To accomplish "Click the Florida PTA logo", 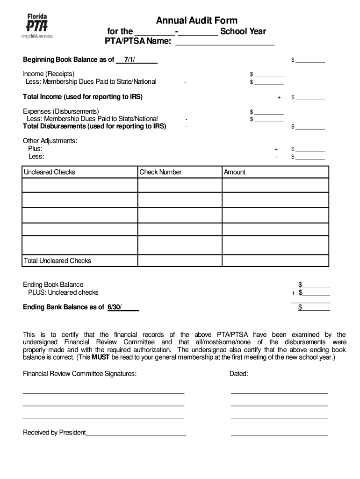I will point(38,26).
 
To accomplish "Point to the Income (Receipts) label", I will point(49,73).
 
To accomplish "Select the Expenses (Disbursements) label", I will point(61,111).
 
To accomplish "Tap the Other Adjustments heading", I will point(50,141).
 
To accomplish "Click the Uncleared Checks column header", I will point(50,172).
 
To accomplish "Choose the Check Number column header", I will point(160,172).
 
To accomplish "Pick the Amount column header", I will point(235,172).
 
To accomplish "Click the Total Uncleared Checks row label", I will point(58,261).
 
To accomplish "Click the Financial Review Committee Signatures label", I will point(80,374).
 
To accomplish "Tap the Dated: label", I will point(238,374).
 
